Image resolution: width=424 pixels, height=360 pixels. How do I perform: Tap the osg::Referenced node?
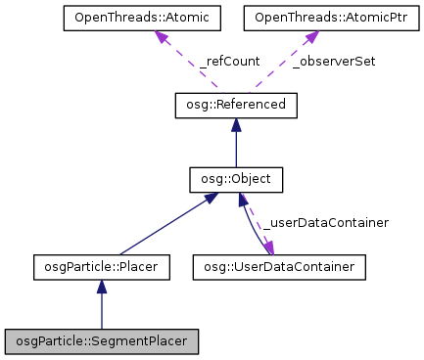tap(235, 106)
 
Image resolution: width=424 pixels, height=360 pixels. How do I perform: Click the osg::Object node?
tap(235, 180)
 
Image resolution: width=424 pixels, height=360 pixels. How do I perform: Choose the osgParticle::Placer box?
tap(102, 265)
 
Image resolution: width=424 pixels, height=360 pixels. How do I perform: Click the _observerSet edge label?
tap(334, 61)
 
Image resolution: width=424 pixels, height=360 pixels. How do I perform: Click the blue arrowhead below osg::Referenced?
tap(235, 125)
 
